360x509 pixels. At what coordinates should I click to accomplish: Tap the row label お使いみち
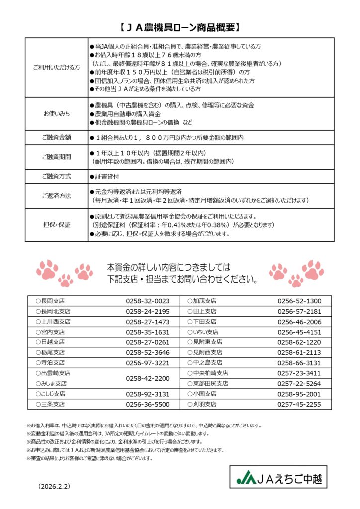56,114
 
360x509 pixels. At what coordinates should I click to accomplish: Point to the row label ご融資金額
56,137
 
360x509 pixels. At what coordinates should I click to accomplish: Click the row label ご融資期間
56,157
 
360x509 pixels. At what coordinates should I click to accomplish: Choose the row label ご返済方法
56,196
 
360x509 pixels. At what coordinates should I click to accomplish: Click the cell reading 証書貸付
107,176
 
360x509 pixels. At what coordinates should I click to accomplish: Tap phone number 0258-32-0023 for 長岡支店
148,301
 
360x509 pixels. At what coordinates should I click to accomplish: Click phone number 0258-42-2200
148,378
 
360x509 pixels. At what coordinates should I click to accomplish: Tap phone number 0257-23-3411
299,373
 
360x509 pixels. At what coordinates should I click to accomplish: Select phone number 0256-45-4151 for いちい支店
299,332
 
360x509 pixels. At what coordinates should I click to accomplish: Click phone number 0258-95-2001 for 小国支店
299,394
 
